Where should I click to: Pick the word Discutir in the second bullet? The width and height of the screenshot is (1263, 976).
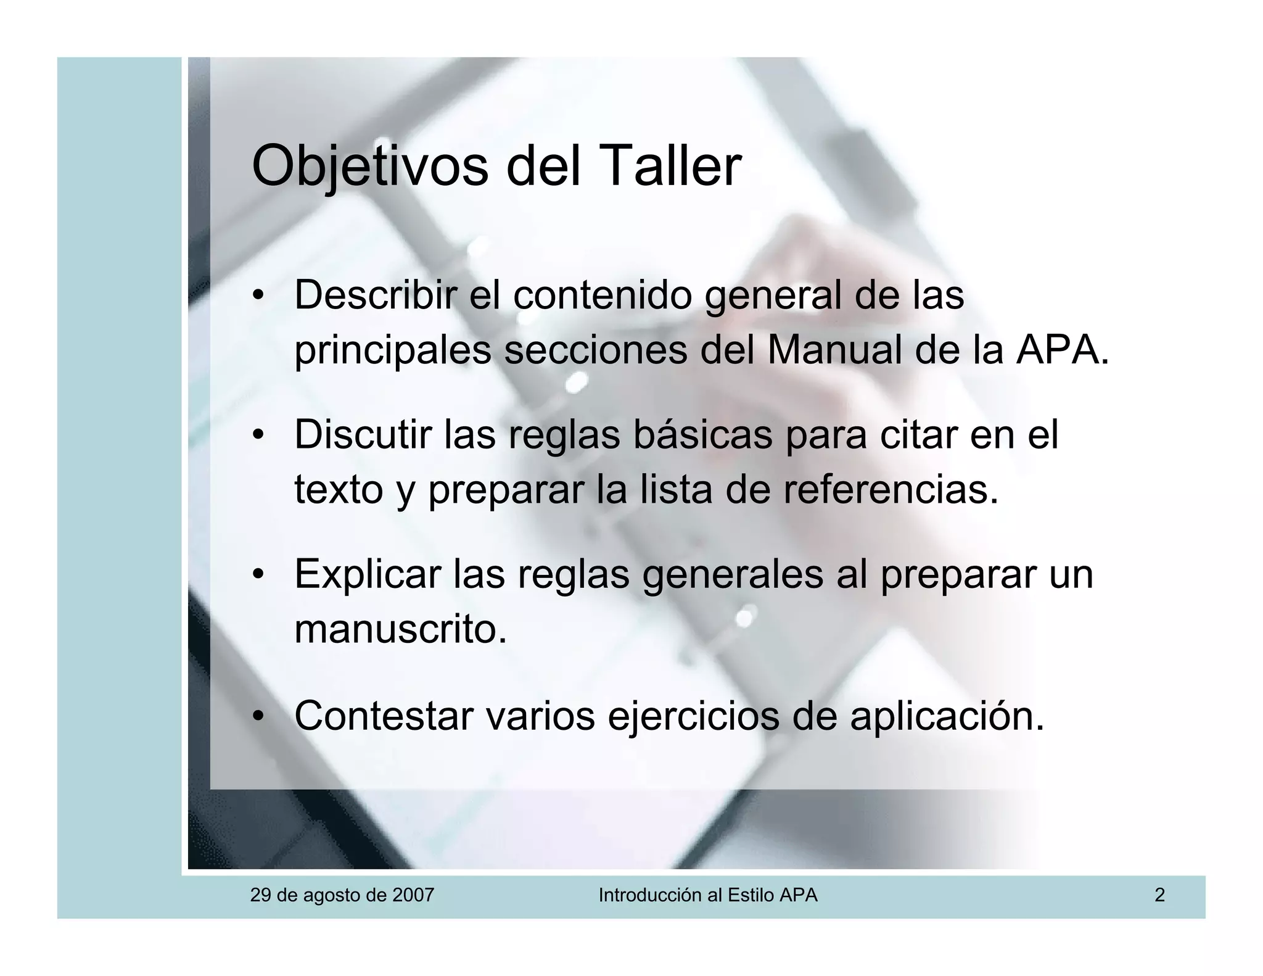click(363, 434)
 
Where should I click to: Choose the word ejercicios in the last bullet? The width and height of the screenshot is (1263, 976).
click(694, 717)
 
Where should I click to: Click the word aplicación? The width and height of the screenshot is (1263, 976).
click(947, 717)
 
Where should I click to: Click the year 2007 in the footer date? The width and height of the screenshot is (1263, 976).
click(413, 895)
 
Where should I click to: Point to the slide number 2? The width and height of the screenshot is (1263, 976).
click(1159, 895)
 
